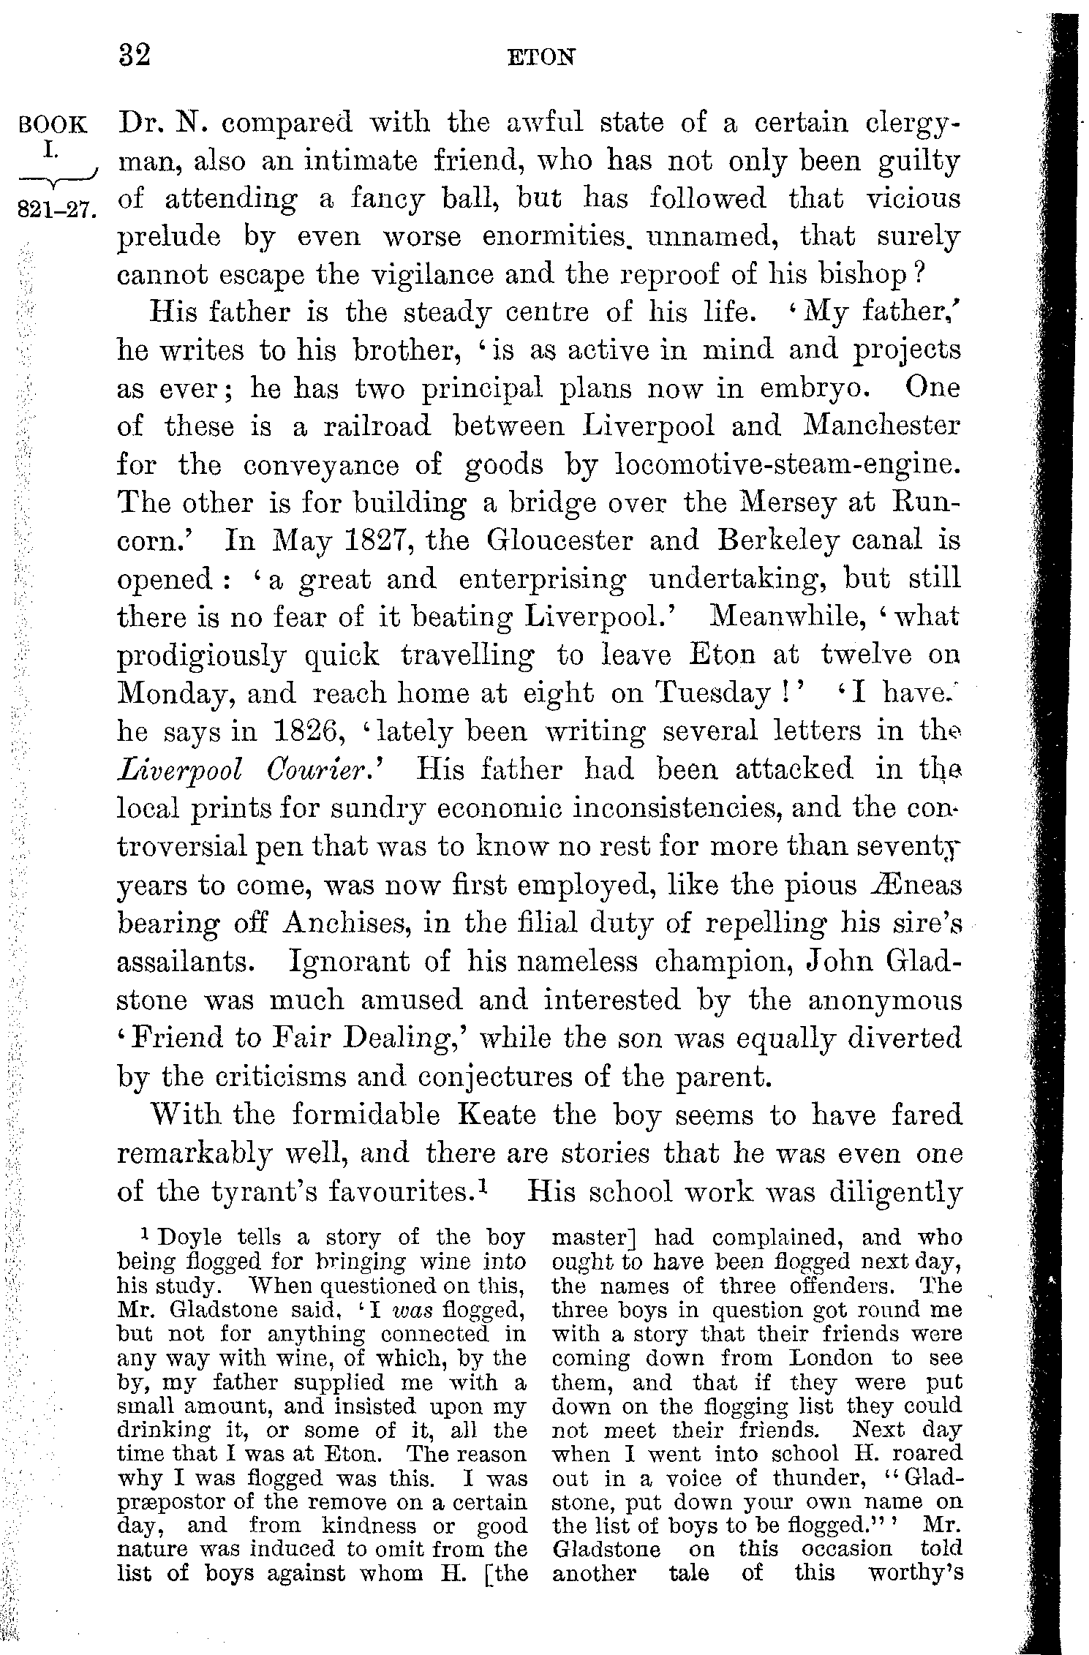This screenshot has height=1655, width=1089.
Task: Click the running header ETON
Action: click(541, 57)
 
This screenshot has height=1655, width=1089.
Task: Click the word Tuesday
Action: click(713, 693)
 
